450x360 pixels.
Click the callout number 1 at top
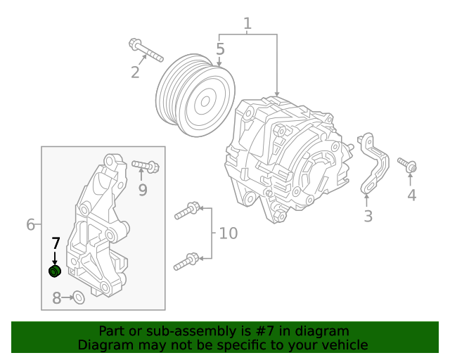247,25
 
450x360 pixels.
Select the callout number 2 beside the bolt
135,72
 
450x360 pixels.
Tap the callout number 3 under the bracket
368,216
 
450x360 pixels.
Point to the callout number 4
412,195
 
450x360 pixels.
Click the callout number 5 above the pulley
220,49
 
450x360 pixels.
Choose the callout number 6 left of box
30,224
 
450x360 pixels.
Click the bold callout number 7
56,244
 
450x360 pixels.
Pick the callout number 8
57,298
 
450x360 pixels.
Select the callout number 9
143,190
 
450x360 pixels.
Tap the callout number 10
229,233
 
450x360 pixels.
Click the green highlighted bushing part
55,271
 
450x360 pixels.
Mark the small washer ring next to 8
79,298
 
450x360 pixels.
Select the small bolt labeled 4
407,165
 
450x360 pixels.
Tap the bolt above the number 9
146,166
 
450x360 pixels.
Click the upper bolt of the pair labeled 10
188,209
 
